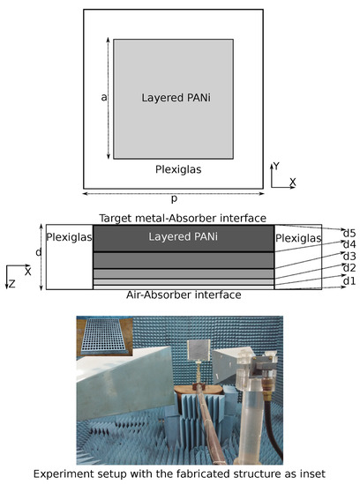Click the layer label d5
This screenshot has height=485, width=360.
pyautogui.click(x=349, y=232)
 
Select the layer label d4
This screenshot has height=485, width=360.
pyautogui.click(x=349, y=243)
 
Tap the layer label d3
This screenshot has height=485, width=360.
pyautogui.click(x=349, y=256)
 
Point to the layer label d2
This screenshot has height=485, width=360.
pyautogui.click(x=349, y=268)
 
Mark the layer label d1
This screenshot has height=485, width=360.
pyautogui.click(x=349, y=280)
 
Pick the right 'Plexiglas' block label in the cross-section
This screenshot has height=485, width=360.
pyautogui.click(x=298, y=237)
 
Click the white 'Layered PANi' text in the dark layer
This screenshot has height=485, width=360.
pyautogui.click(x=183, y=237)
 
